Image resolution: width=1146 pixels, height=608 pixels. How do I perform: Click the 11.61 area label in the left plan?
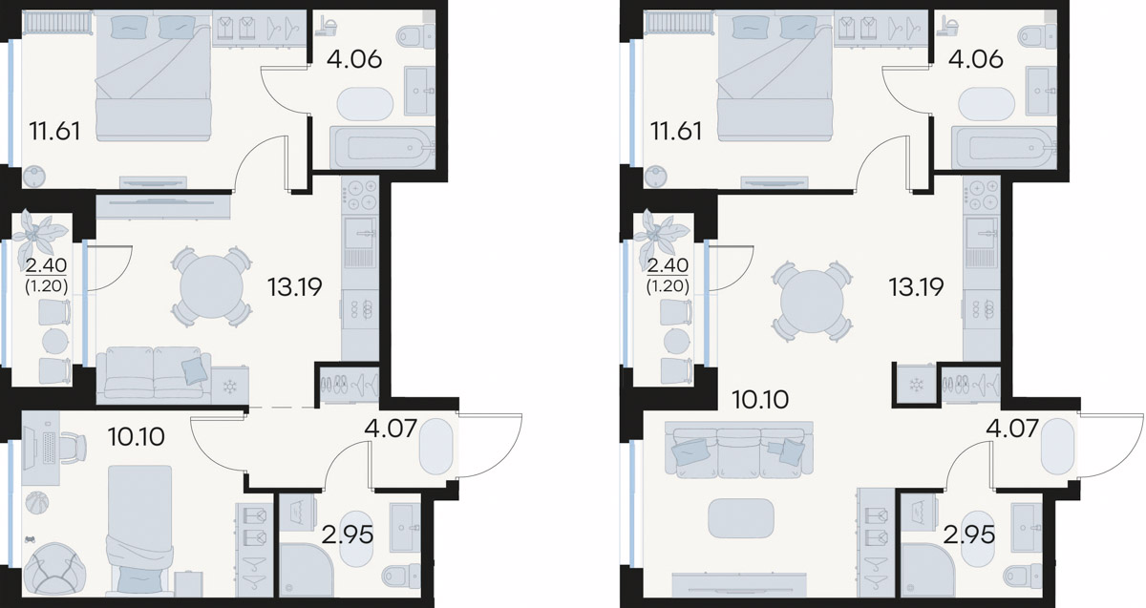(x=54, y=132)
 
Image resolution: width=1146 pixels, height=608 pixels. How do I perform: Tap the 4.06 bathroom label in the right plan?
(x=976, y=59)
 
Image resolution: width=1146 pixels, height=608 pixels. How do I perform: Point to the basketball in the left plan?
(x=37, y=503)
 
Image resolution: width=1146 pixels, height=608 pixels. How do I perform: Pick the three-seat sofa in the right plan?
(x=739, y=450)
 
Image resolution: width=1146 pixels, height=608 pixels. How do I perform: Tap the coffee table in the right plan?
(x=741, y=518)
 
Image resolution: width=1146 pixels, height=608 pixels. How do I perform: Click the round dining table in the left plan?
(x=211, y=287)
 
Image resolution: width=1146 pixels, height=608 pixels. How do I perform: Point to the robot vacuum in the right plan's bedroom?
(x=656, y=177)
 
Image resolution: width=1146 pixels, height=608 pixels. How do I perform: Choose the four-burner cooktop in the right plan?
(x=981, y=197)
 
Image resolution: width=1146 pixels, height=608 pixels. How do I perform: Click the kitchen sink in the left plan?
(x=361, y=233)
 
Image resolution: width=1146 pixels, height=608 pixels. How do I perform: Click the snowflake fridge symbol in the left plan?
(x=230, y=387)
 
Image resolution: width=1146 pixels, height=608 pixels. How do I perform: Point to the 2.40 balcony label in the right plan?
(x=668, y=265)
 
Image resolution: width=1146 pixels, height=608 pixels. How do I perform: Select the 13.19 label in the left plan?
(x=295, y=287)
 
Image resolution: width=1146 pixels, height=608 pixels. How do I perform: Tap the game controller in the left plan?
(x=32, y=538)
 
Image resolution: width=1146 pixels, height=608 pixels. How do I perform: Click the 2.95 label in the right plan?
(x=969, y=535)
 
